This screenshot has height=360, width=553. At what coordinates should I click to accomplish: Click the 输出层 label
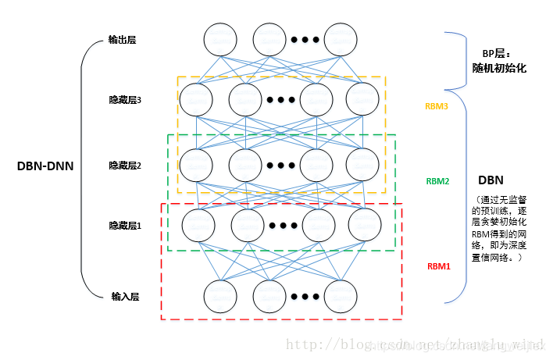pyautogui.click(x=123, y=40)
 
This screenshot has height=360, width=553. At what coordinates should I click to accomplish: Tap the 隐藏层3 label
pyautogui.click(x=125, y=100)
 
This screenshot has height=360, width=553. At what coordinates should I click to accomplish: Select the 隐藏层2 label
pyautogui.click(x=125, y=165)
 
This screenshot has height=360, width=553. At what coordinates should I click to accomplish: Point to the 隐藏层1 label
pyautogui.click(x=125, y=226)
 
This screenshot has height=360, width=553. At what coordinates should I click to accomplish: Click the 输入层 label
pyautogui.click(x=125, y=297)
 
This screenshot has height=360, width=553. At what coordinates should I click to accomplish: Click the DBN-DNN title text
pyautogui.click(x=45, y=166)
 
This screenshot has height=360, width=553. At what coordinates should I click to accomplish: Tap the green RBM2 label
pyautogui.click(x=437, y=181)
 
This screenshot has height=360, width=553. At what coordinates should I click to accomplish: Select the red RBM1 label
pyautogui.click(x=438, y=266)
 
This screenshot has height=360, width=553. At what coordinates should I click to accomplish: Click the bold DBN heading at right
pyautogui.click(x=489, y=180)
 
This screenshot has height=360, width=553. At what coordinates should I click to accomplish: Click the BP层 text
pyautogui.click(x=495, y=54)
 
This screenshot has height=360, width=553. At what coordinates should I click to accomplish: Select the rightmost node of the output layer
pyautogui.click(x=341, y=39)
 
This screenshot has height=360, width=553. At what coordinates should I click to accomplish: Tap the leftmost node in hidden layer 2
pyautogui.click(x=198, y=164)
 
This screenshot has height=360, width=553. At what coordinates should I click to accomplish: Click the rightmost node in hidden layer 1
pyautogui.click(x=363, y=226)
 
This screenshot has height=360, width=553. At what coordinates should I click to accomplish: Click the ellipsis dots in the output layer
pyautogui.click(x=305, y=40)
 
